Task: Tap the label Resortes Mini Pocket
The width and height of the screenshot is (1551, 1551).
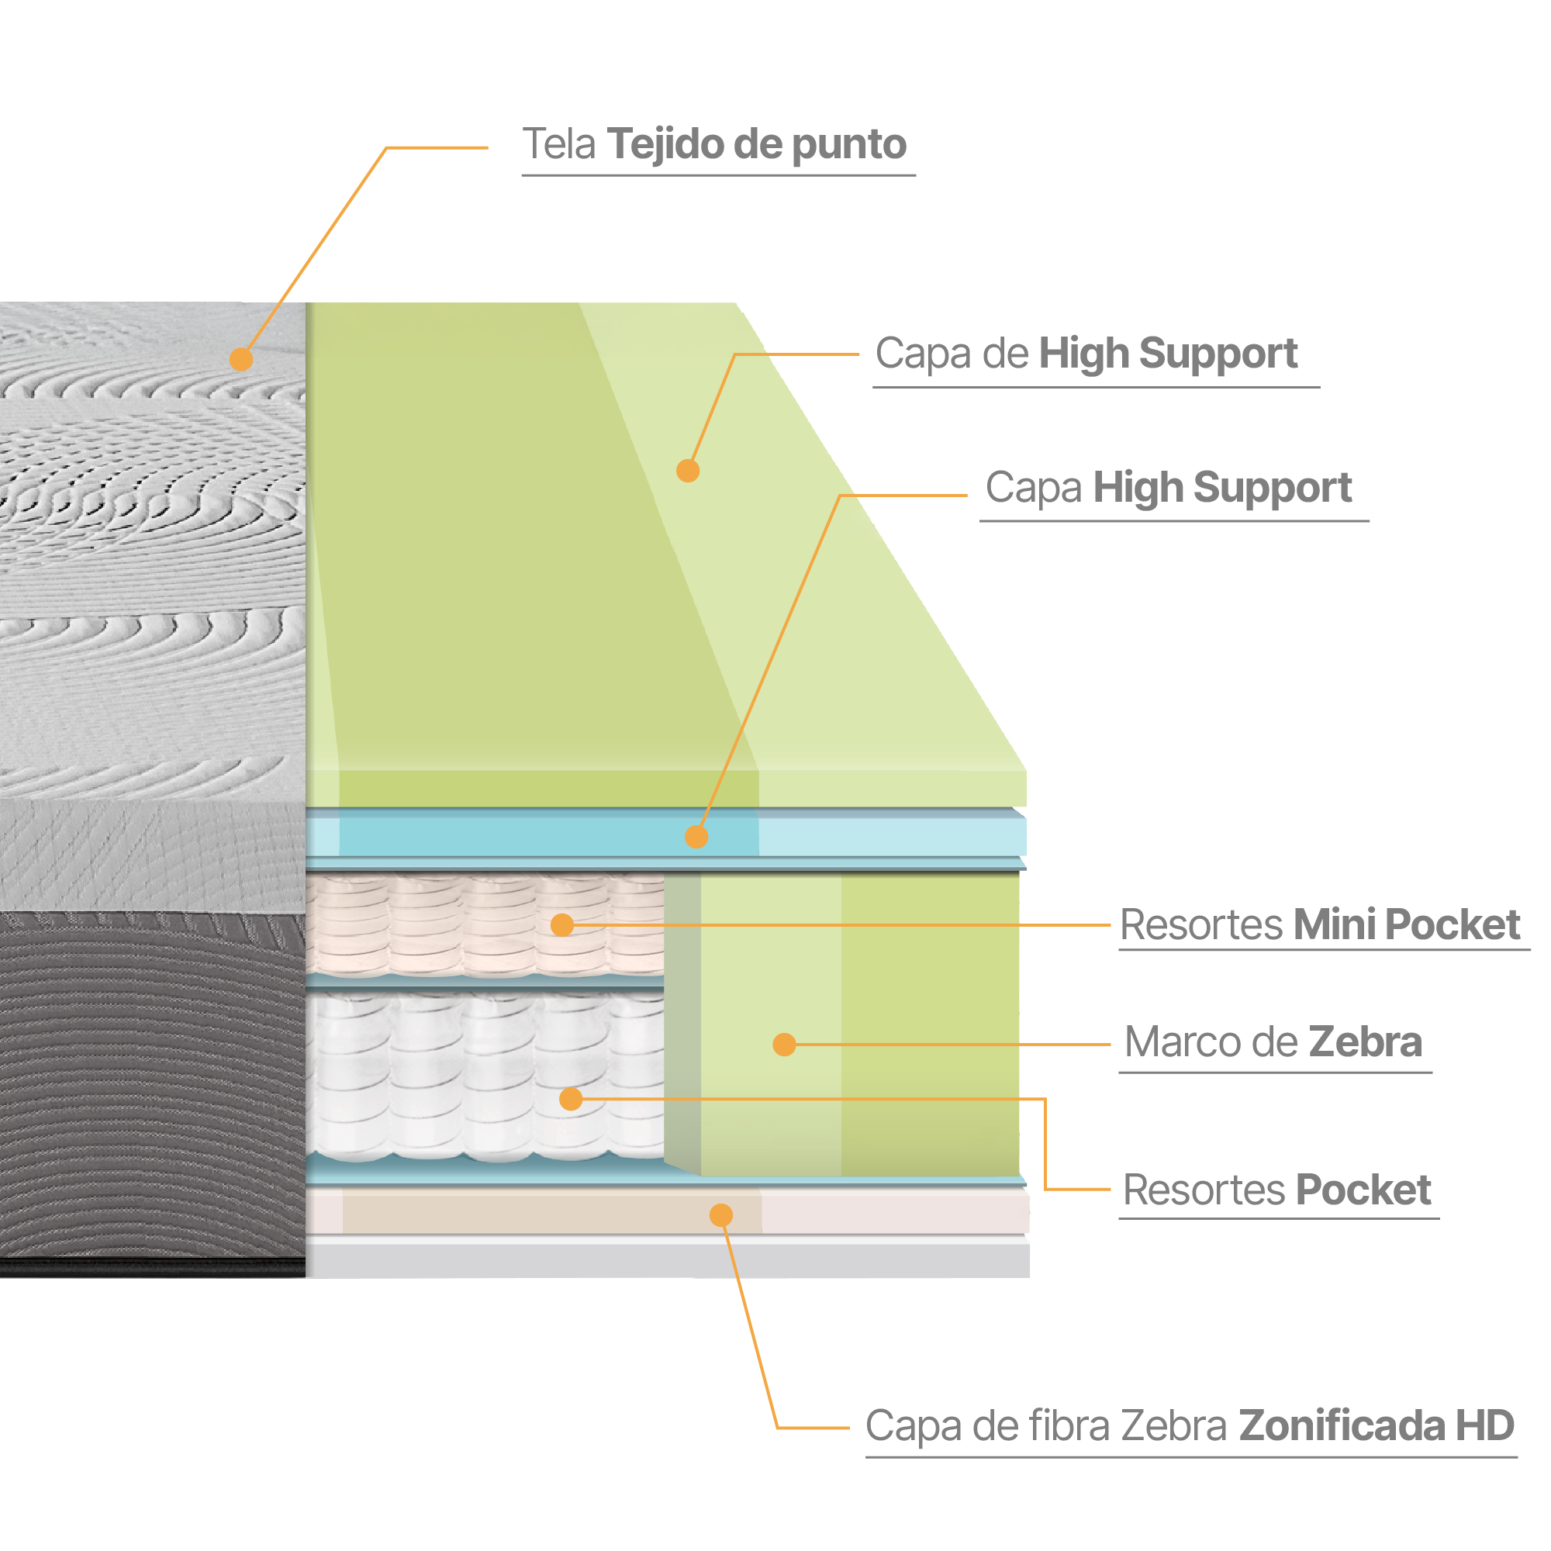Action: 1319,924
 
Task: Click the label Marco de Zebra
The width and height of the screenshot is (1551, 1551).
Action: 1273,1042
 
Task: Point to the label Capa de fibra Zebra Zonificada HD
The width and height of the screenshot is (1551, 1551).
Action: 1189,1427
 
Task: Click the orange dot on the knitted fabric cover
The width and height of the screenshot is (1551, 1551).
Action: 241,359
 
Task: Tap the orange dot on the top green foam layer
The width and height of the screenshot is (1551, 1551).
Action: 688,471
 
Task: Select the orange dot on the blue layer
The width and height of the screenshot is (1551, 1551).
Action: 696,838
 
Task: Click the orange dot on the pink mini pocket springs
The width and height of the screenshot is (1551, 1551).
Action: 562,925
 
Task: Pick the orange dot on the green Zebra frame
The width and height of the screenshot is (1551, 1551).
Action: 784,1045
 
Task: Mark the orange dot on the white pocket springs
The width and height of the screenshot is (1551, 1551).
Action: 571,1099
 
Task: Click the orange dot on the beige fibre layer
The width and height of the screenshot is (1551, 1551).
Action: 721,1215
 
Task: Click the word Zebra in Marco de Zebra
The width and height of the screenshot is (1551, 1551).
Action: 1365,1042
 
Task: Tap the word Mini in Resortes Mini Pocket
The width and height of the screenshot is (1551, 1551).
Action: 1333,924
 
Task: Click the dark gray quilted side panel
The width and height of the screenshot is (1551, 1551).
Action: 153,1084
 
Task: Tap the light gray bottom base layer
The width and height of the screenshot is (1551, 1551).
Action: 666,1258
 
